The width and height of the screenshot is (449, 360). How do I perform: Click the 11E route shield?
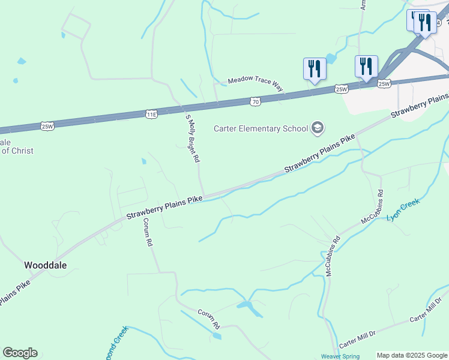coord(151,113)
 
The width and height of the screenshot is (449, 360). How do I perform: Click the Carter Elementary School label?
coord(261,128)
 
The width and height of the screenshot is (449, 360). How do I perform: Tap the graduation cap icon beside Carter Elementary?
coord(317,128)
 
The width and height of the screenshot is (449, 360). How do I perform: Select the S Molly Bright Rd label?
coord(192,139)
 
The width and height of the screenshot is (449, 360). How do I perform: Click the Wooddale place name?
coord(45,265)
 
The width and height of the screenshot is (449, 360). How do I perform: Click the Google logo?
coord(20,353)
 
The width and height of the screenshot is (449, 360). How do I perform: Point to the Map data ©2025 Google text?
coord(412,355)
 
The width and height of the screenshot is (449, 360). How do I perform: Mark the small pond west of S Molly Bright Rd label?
coord(144,161)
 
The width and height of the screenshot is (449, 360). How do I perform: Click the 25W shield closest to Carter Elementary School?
coord(341,89)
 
